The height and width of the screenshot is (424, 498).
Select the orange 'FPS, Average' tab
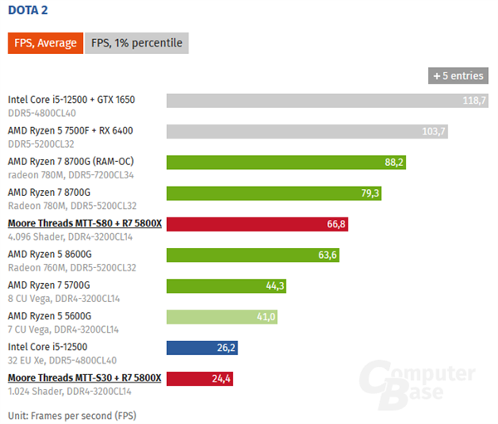45,43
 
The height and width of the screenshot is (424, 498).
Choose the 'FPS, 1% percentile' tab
137,43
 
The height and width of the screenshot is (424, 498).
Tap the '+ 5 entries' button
456,76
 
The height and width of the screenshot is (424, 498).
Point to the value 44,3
276,285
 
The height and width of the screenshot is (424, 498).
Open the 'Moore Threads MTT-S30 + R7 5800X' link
84,378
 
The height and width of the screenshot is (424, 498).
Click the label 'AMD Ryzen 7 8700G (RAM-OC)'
71,161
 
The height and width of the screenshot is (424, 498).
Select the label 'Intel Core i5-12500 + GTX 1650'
71,100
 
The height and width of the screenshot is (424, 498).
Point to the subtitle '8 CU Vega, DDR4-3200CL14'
63,299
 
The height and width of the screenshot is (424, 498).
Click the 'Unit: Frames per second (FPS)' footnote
71,414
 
